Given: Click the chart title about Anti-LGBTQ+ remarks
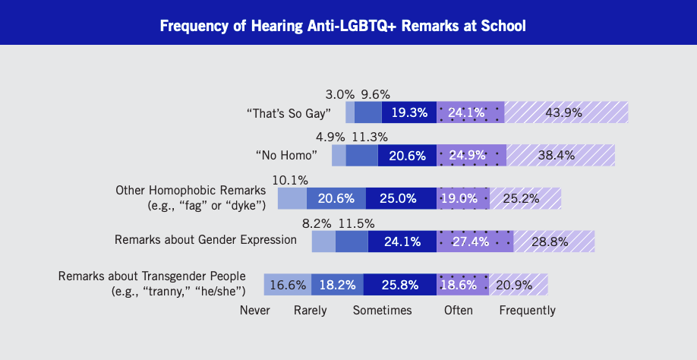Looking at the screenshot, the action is tap(342, 25).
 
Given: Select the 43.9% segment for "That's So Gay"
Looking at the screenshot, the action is tap(566, 112).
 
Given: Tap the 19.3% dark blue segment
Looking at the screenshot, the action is tap(409, 112).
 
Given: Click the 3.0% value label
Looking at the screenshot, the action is tap(340, 94).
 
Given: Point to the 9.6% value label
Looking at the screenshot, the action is tap(375, 94).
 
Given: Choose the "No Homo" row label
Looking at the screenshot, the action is tap(287, 155).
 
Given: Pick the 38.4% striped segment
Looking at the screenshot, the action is tap(560, 156).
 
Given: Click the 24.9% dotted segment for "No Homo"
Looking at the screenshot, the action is tap(471, 156).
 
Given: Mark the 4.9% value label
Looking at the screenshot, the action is tap(330, 137).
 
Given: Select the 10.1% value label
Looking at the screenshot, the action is tap(290, 180).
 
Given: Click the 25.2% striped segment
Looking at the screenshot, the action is tap(525, 198).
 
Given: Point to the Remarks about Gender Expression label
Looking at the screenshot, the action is tap(206, 239).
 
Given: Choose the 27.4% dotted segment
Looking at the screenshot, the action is tap(475, 242).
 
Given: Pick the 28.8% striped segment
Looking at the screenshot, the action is tap(553, 242).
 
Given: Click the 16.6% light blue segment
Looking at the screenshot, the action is tap(288, 285).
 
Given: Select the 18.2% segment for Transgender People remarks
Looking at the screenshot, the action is tap(337, 285).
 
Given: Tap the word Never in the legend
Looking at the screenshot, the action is tap(254, 310).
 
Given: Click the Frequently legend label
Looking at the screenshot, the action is tap(527, 310).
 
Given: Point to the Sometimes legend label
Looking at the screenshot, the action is tap(382, 310).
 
